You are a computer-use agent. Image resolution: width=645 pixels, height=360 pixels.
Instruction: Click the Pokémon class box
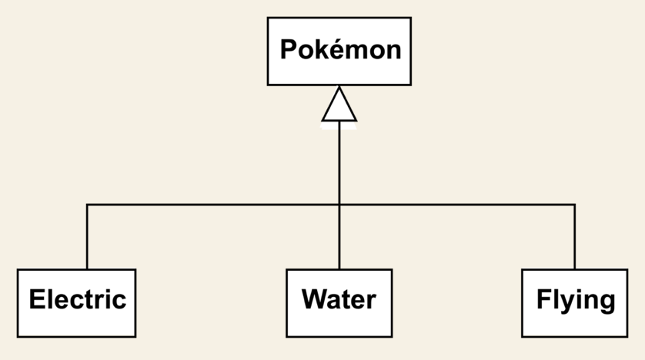339,51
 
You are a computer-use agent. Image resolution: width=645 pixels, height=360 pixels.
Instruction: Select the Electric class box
76,302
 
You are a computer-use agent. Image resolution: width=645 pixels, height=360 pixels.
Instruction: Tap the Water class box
339,302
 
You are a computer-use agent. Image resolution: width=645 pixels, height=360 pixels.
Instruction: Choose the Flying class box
574,302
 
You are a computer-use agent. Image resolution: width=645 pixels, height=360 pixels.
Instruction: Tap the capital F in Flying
543,299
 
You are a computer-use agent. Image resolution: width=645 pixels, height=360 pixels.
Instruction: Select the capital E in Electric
36,299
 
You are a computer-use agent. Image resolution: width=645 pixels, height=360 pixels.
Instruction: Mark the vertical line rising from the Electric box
87,238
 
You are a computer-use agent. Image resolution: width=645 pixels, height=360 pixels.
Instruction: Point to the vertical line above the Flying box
574,238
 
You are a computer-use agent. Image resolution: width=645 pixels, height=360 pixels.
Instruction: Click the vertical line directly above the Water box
339,238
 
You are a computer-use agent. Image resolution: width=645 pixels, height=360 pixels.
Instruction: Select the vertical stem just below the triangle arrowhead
339,162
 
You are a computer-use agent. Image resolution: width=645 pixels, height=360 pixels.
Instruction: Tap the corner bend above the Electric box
87,205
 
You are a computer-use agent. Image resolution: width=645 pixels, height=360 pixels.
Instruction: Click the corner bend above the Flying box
574,205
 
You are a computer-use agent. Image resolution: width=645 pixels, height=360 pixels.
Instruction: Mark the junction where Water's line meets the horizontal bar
339,205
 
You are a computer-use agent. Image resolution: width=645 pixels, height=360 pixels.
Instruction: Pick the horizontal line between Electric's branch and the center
212,205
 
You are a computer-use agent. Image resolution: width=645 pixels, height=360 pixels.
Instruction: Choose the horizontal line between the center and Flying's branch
458,205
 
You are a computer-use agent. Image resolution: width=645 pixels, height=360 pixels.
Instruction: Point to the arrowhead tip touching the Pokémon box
339,87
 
